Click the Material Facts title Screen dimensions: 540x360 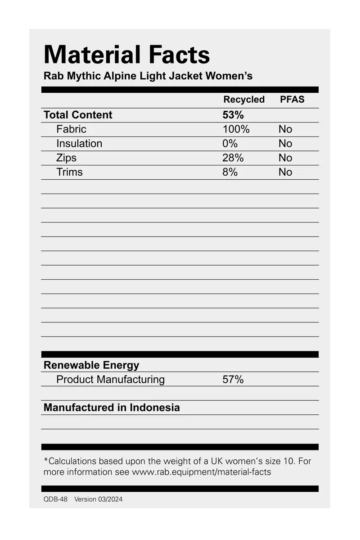(126, 55)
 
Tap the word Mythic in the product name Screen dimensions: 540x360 (84, 76)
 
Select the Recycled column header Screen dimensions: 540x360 (244, 100)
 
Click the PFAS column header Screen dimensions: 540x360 (292, 100)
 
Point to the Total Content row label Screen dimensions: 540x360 (78, 115)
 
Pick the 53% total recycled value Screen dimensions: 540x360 (233, 115)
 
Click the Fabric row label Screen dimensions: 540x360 (71, 129)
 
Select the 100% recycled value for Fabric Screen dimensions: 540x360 (236, 129)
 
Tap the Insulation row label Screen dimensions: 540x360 (79, 144)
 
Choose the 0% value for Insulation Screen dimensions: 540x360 (230, 144)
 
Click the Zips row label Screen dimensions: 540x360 (66, 158)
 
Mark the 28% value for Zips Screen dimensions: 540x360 (233, 158)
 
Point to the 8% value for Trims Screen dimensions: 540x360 (230, 172)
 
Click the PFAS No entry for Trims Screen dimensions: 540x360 (285, 172)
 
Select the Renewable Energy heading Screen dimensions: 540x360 (91, 365)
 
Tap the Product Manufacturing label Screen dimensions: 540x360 (110, 380)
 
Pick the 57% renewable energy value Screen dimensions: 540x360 (233, 380)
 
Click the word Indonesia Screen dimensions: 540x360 (155, 408)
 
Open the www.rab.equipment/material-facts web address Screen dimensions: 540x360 (201, 472)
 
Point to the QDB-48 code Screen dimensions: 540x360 (55, 499)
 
